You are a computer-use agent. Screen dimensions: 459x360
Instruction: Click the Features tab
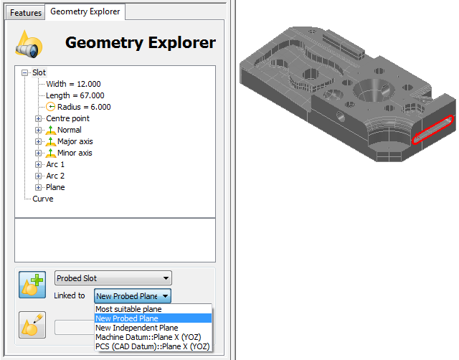(x=26, y=13)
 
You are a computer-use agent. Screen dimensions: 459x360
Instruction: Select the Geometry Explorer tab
(x=85, y=11)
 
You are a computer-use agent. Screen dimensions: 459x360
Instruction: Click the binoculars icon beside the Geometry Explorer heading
(x=29, y=44)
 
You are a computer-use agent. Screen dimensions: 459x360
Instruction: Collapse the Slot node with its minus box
(x=25, y=72)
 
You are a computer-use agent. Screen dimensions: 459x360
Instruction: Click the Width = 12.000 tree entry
(x=73, y=84)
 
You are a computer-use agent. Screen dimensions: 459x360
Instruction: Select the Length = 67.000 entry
(x=75, y=95)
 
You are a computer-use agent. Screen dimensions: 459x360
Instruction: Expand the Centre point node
(x=38, y=118)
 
